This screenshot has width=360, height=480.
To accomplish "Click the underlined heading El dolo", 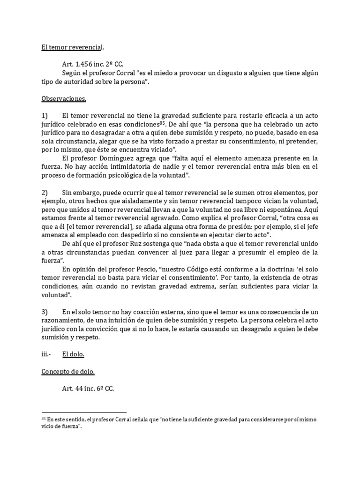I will [x=73, y=354].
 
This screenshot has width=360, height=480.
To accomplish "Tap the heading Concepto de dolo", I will [x=68, y=372].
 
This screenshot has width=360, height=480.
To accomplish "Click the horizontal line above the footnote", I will [x=84, y=412].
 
